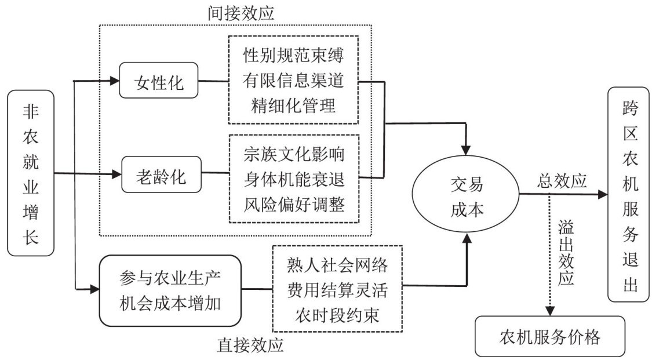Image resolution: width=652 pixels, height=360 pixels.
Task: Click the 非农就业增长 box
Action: click(31, 173)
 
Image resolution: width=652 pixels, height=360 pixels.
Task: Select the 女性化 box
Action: click(159, 83)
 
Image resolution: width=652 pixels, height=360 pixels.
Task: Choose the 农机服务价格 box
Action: click(550, 336)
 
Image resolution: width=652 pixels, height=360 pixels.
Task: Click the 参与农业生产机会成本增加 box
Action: click(170, 290)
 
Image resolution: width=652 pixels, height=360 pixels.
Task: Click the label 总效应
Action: click(559, 182)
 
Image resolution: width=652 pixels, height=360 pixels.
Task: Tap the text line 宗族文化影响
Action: click(294, 155)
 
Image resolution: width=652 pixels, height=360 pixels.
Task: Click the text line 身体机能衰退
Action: click(294, 180)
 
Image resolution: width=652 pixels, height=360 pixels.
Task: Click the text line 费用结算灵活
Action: click(337, 290)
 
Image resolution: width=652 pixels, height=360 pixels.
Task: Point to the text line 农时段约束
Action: click(337, 315)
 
